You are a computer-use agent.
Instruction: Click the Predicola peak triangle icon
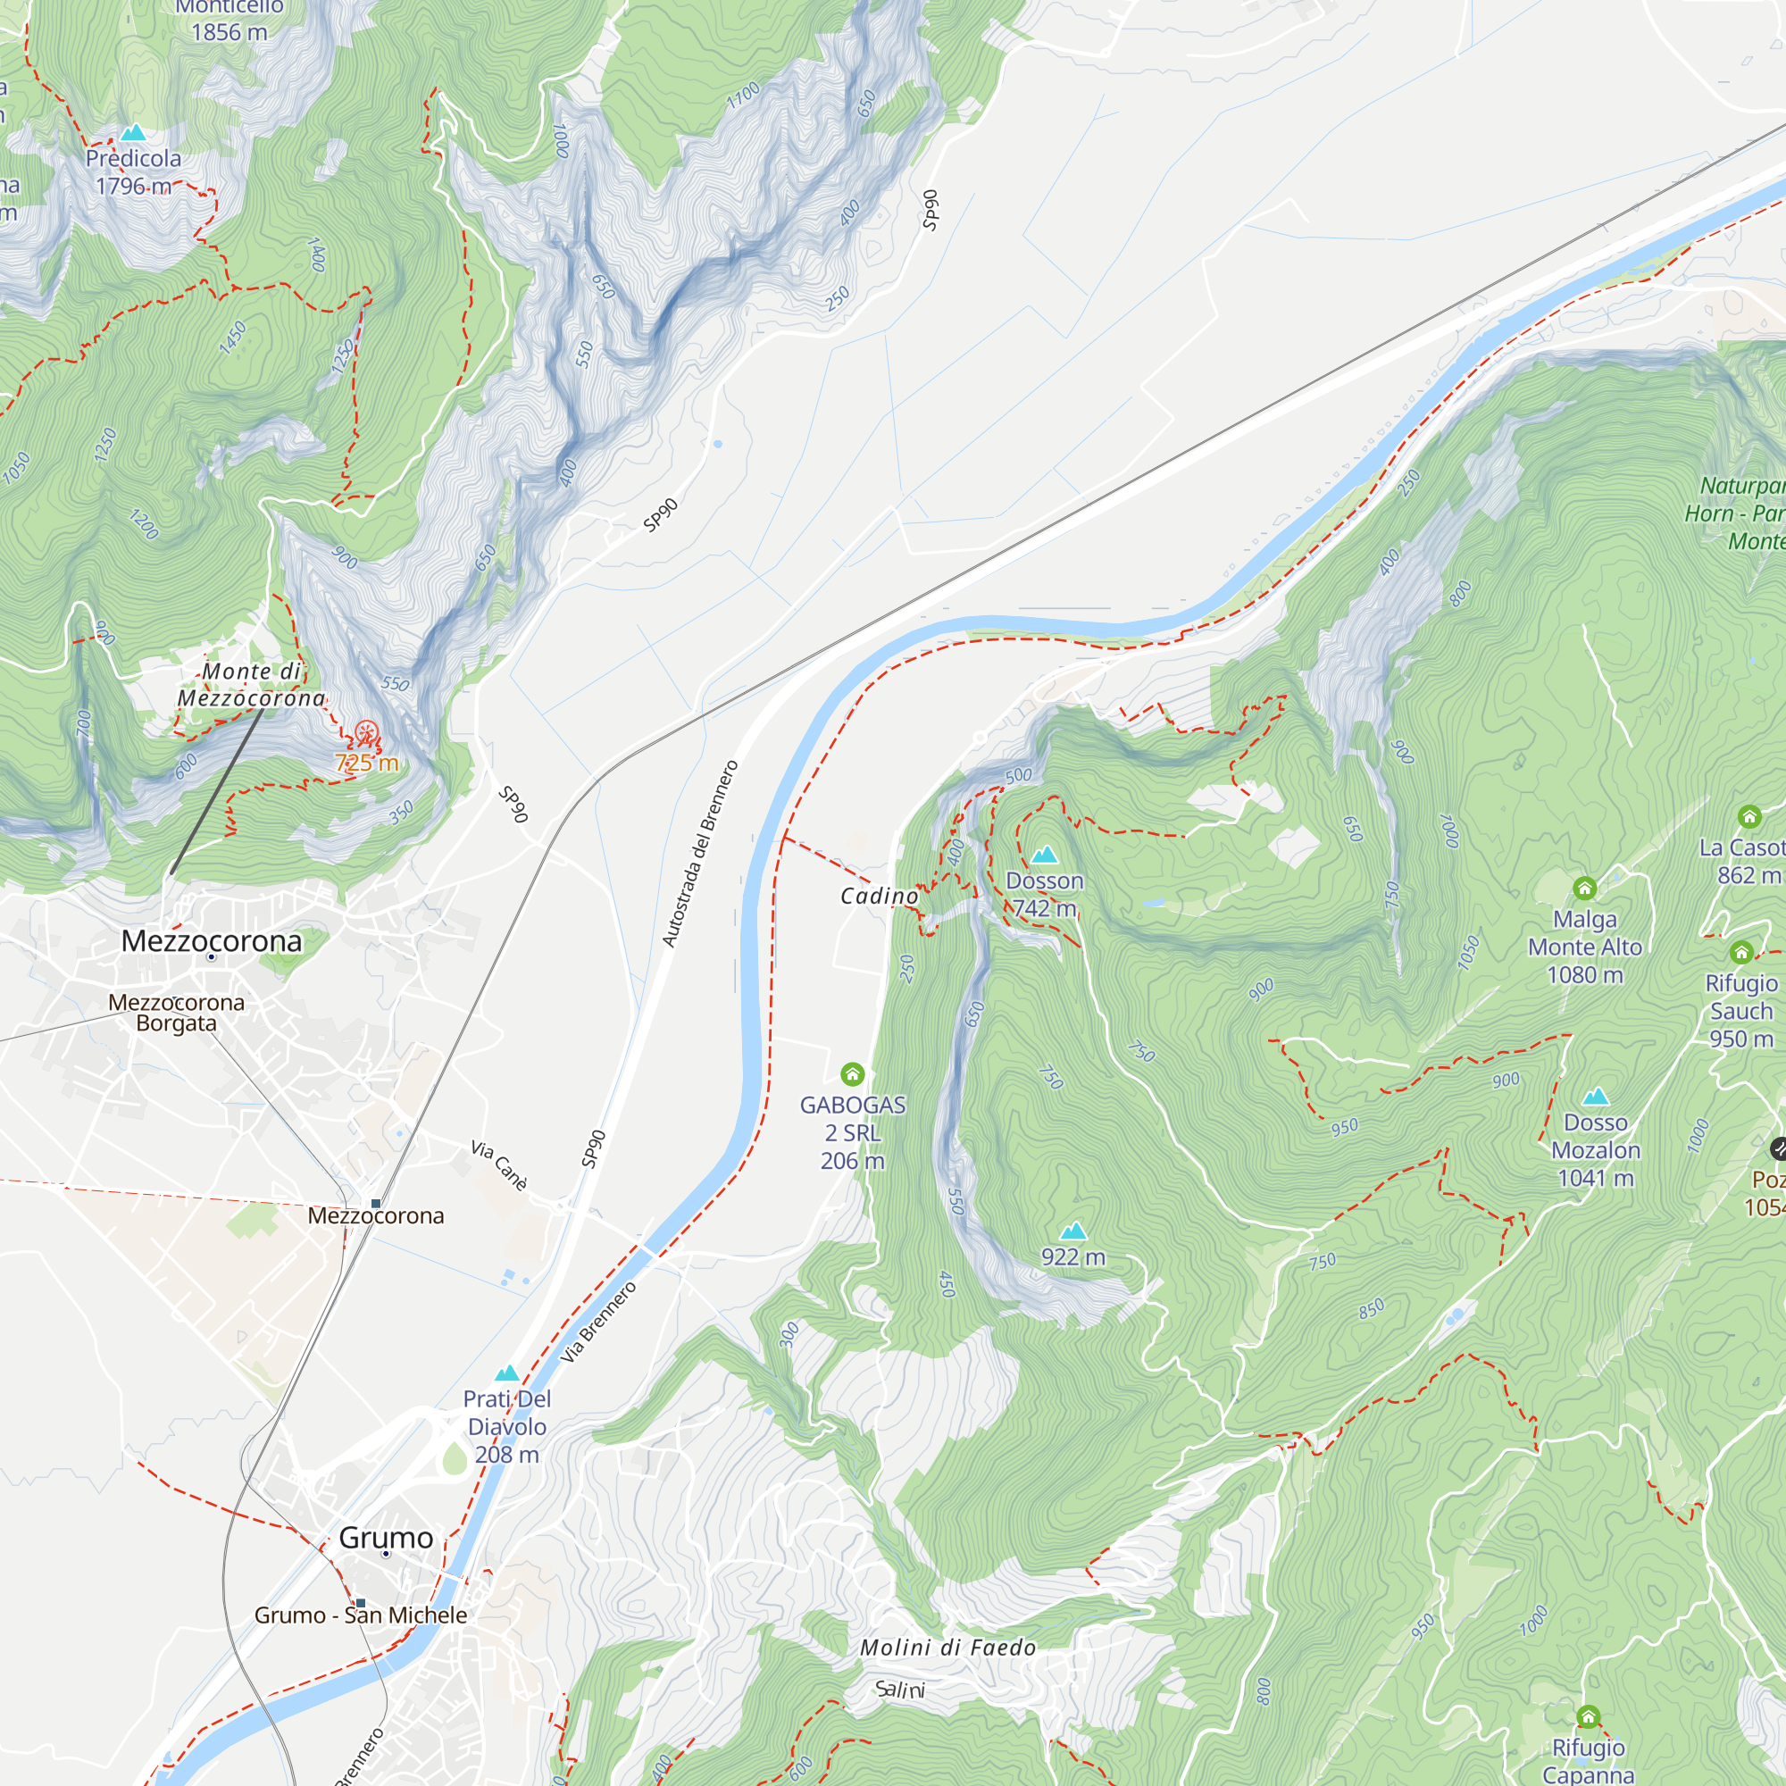tap(133, 132)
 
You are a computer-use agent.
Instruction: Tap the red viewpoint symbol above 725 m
tap(367, 735)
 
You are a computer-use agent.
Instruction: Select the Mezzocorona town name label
tap(212, 941)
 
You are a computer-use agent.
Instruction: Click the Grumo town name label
tap(386, 1538)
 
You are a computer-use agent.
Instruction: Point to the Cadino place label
tap(879, 896)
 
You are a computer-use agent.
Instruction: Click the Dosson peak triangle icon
tap(1045, 855)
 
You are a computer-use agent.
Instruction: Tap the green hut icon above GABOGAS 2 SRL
tap(852, 1073)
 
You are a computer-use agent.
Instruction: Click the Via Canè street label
tap(499, 1164)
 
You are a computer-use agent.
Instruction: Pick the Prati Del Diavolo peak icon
tap(506, 1373)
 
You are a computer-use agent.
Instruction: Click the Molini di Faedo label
tap(947, 1648)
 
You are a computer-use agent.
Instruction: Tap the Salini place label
tap(899, 1690)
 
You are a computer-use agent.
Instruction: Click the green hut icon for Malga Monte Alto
tap(1584, 889)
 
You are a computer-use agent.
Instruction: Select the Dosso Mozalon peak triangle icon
tap(1596, 1097)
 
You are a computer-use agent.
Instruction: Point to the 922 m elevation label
tap(1072, 1257)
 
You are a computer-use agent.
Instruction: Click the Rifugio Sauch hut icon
tap(1741, 952)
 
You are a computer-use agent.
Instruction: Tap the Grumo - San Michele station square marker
tap(361, 1603)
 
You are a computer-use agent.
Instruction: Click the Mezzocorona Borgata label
tap(176, 1013)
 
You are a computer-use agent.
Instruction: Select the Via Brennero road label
tap(599, 1322)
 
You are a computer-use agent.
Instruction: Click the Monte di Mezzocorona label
tap(252, 685)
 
